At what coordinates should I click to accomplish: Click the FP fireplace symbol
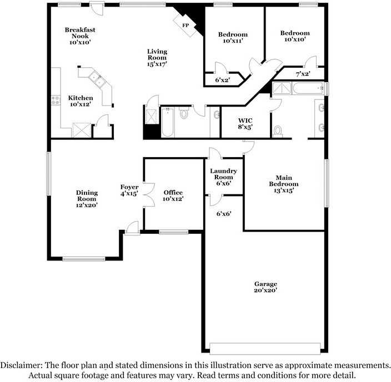[184, 24]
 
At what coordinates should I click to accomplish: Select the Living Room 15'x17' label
[157, 58]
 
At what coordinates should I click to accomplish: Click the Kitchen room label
[80, 100]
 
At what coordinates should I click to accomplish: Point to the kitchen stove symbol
[56, 100]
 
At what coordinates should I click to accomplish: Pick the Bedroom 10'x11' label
[233, 37]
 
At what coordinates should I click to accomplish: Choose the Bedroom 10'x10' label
[294, 36]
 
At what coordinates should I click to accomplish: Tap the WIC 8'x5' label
[245, 123]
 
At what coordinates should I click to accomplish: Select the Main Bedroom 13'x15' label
[283, 184]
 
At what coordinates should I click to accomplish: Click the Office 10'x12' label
[173, 195]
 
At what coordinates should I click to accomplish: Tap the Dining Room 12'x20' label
[87, 199]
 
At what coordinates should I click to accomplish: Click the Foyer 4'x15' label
[129, 190]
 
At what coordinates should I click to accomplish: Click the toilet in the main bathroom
[277, 131]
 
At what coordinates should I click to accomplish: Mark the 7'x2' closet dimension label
[303, 74]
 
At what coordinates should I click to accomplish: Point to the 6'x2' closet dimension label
[223, 80]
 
